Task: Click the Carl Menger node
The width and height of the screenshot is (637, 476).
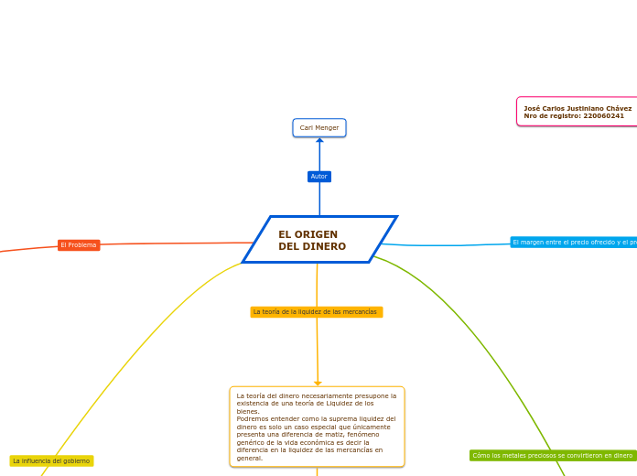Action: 319,128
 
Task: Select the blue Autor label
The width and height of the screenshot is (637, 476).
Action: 319,177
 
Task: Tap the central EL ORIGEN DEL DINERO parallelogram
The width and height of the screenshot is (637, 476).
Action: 319,240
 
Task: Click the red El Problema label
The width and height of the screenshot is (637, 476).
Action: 79,245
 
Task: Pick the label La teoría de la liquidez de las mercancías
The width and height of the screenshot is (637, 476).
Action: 316,312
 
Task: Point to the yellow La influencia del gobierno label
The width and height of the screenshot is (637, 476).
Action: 51,461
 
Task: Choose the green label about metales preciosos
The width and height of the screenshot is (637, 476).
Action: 553,455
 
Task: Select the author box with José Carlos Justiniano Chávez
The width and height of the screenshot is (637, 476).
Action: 578,112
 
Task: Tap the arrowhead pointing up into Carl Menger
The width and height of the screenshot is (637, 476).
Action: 319,141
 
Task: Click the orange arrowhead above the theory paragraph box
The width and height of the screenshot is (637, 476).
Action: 318,384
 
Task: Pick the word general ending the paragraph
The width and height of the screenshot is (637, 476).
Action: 249,458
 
